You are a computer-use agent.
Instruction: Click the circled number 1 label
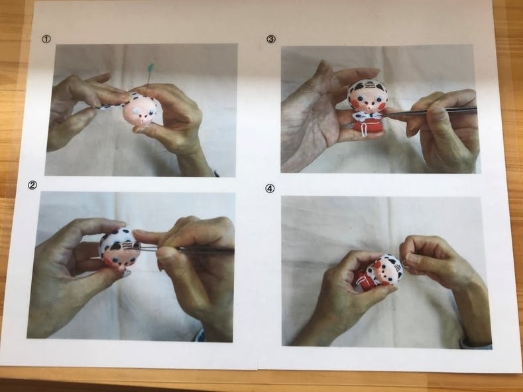tap(46, 39)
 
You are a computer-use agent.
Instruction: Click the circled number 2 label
tap(32, 186)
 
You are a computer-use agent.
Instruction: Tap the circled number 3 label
tap(271, 39)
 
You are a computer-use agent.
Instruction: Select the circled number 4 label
tap(270, 189)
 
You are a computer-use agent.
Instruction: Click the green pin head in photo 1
tap(151, 68)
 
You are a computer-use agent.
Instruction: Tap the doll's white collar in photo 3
tap(367, 115)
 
